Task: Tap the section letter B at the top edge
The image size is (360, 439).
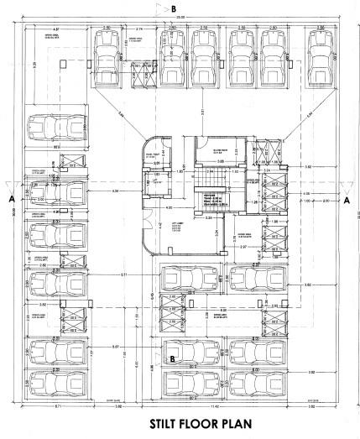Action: click(174, 8)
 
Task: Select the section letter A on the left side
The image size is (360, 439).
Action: click(11, 201)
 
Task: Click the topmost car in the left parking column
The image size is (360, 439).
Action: click(51, 129)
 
